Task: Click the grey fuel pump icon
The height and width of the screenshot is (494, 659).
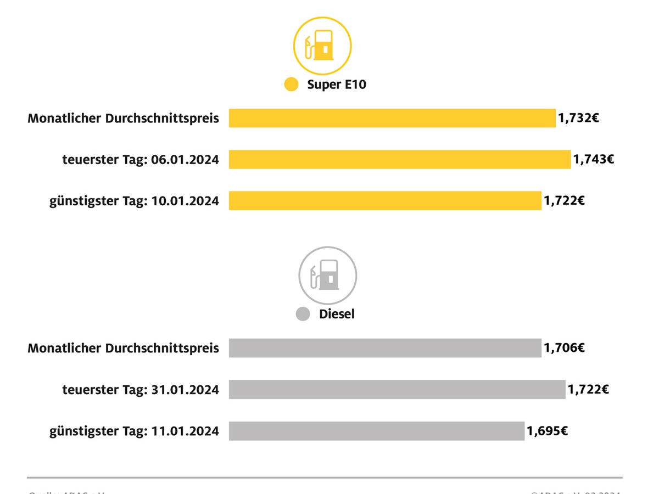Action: coord(327,275)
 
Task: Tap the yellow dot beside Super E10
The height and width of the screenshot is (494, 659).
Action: coord(291,85)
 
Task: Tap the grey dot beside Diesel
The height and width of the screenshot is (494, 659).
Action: coord(303,314)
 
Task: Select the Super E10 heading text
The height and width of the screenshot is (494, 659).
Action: coord(337,85)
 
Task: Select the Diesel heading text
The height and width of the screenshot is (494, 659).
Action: coord(337,314)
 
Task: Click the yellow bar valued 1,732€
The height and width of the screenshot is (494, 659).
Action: coord(392,118)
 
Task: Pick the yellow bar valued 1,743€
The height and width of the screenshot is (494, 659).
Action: coord(400,159)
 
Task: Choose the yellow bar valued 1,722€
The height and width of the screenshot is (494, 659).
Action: coord(385,200)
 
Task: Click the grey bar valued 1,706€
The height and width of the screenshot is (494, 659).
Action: coord(385,348)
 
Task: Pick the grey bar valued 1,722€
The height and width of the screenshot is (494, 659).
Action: coord(397,389)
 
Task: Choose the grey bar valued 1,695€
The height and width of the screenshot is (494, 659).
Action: coord(377,431)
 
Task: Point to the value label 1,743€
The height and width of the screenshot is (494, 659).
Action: coord(594,159)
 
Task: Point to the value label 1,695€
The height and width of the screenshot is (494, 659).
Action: coord(548,431)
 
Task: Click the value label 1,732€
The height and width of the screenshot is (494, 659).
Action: coord(578,118)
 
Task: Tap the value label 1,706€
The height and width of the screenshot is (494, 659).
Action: coord(564,348)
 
